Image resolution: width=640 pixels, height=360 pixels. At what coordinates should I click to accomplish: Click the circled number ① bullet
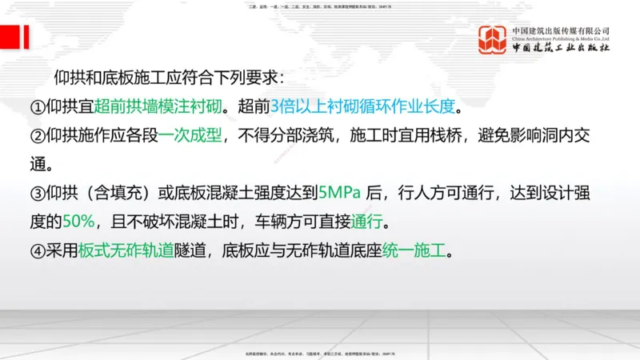tap(38, 106)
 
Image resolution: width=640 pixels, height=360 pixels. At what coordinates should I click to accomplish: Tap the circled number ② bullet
tap(38, 136)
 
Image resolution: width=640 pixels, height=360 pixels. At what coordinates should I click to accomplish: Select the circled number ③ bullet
tap(38, 193)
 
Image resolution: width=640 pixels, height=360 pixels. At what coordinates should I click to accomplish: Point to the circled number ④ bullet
tap(38, 250)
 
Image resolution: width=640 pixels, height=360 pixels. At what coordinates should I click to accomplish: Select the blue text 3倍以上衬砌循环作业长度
tap(366, 106)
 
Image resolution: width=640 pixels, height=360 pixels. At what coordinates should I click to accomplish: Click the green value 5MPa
tap(340, 193)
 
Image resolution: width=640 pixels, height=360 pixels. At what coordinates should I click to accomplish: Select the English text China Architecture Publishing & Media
tap(561, 38)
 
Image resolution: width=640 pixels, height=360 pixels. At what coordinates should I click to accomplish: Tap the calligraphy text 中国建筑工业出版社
tap(561, 48)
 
